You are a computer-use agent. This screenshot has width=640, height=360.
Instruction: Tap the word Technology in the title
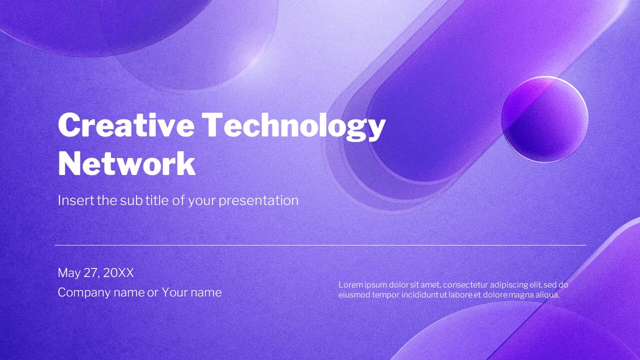295,125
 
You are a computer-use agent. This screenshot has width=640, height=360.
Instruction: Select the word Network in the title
126,163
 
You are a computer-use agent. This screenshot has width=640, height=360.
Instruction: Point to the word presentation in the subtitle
258,200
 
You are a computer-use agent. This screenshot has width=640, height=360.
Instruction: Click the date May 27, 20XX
96,273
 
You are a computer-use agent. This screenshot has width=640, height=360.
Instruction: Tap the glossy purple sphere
544,119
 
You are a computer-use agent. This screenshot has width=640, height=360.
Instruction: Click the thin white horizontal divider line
320,245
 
